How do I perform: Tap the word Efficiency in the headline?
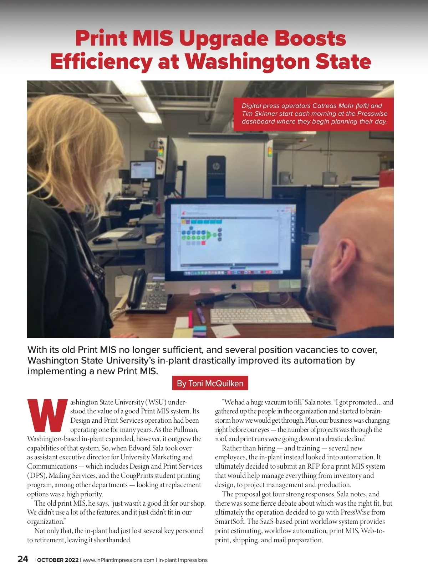coord(101,61)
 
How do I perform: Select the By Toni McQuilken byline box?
coord(210,383)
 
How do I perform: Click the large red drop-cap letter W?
coord(47,416)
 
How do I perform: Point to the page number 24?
coord(23,559)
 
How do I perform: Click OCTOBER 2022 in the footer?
coord(58,560)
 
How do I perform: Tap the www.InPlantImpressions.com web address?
coord(118,560)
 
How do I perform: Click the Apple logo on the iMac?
coord(234,286)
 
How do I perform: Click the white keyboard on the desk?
coord(260,315)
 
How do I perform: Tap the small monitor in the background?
coord(143,170)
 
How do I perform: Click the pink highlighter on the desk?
coord(190,318)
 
